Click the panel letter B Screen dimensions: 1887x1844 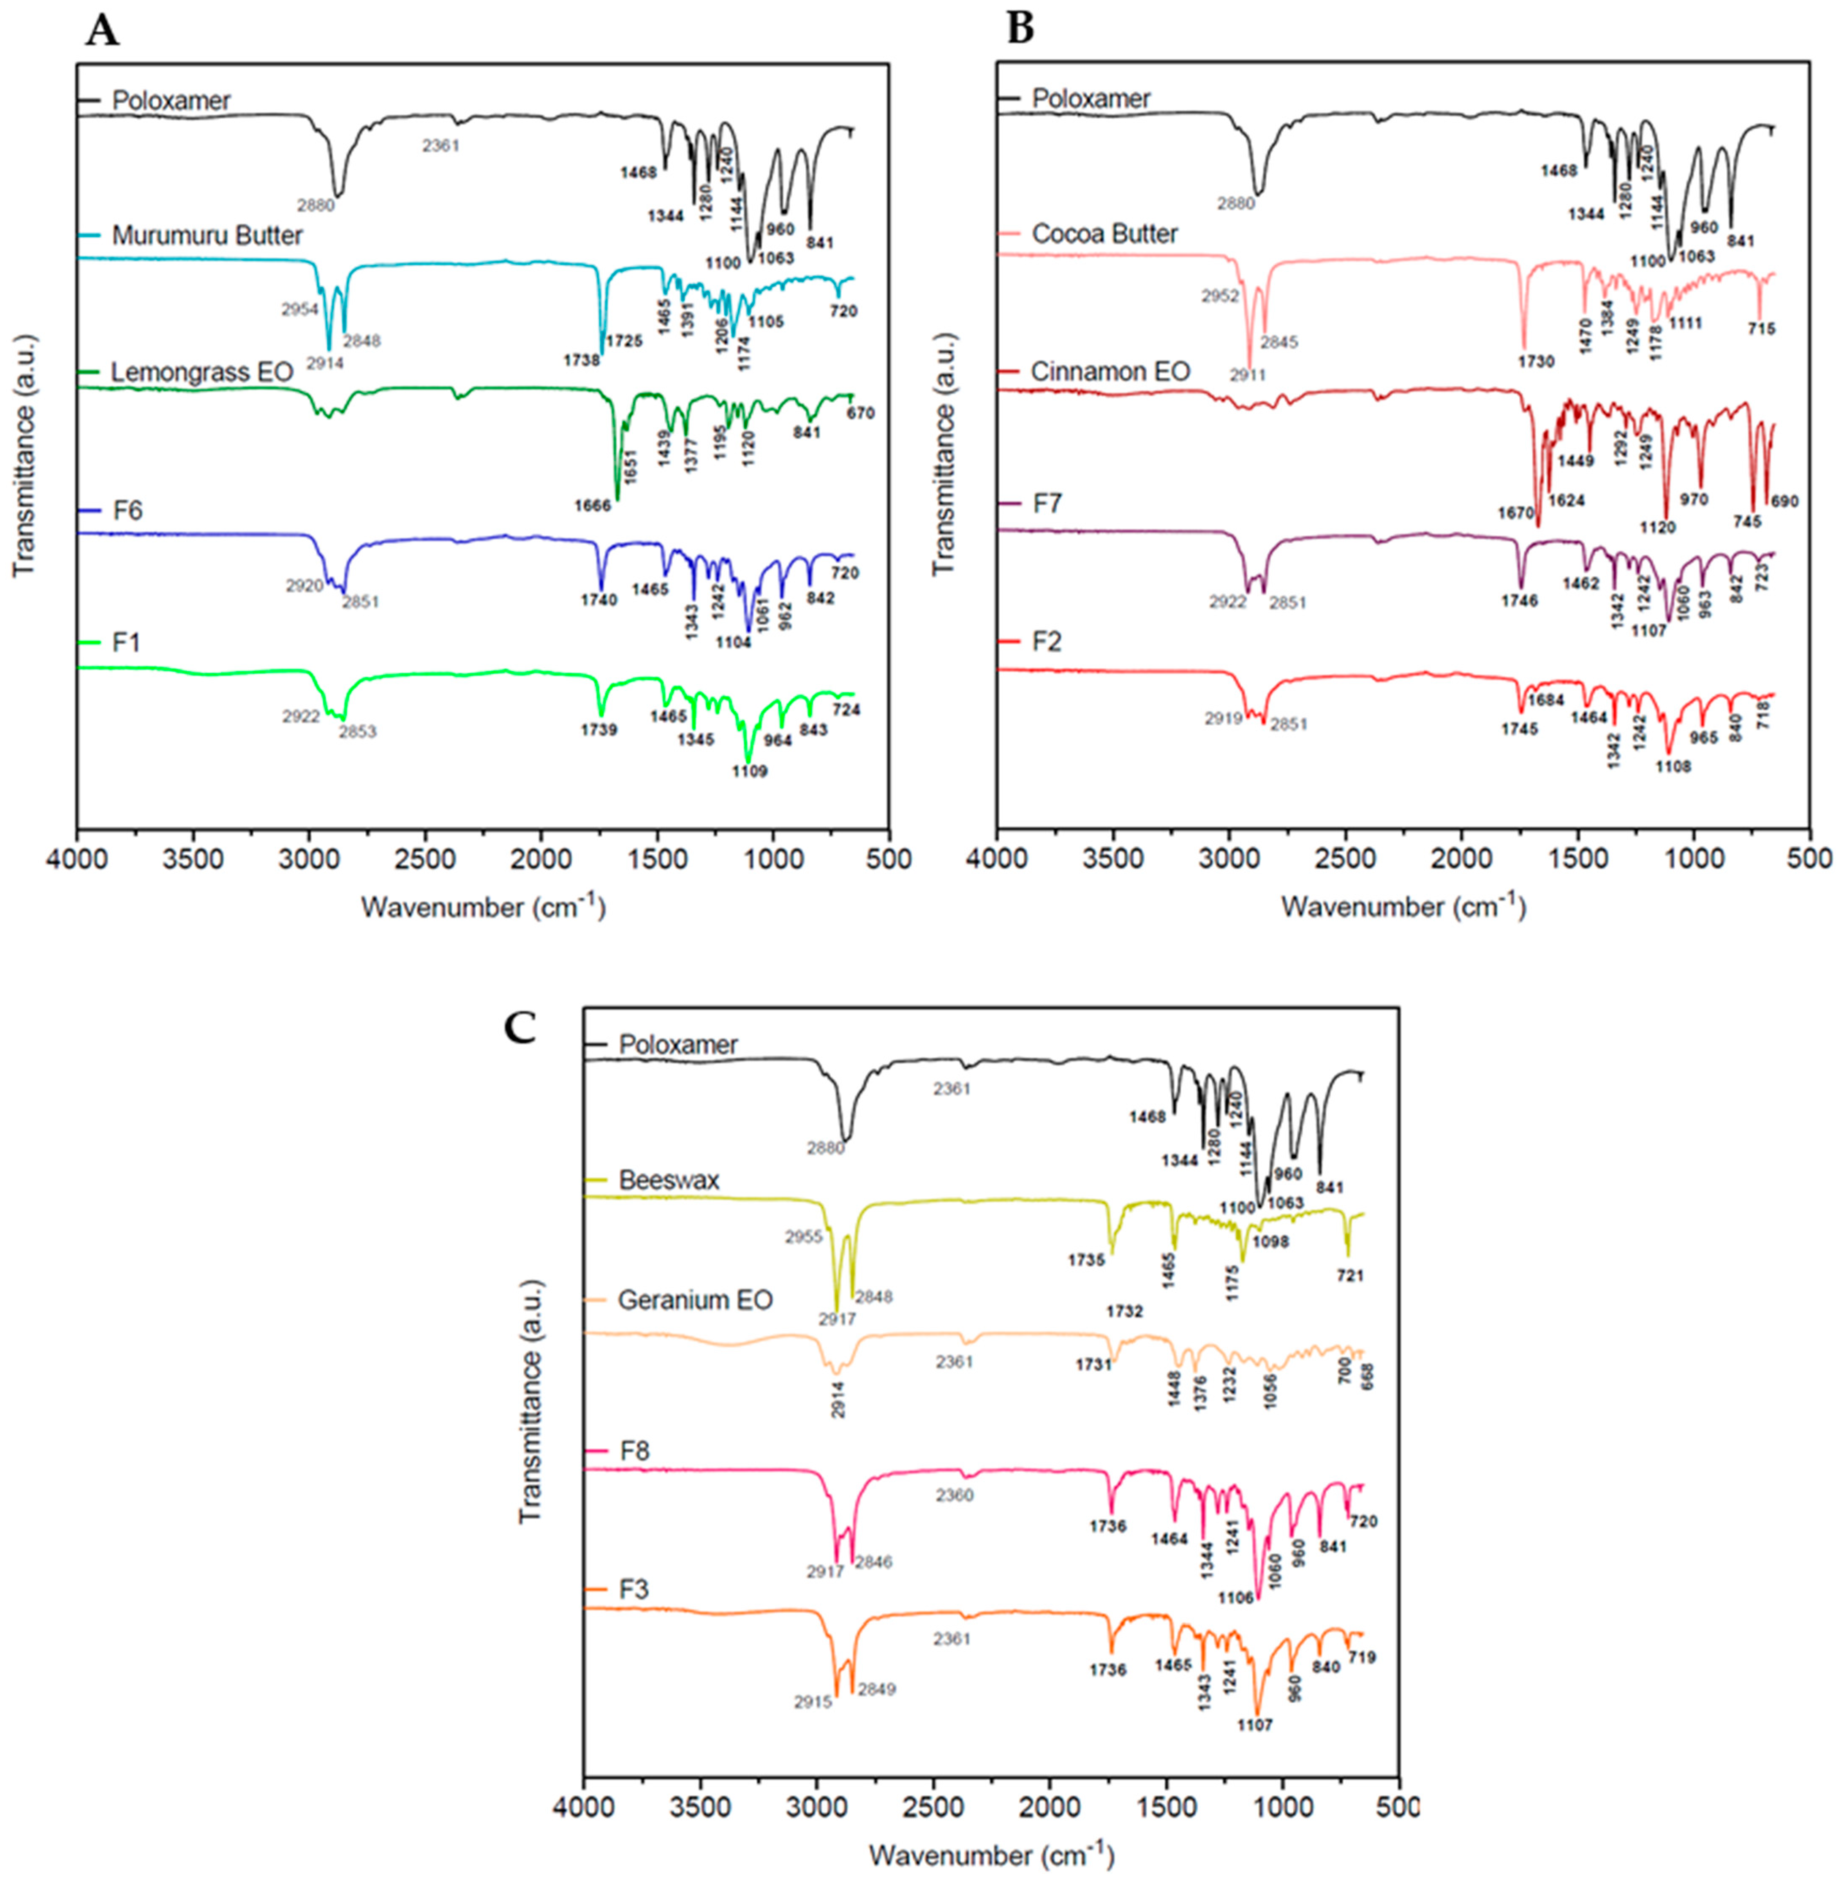click(1021, 29)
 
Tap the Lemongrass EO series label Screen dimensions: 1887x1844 click(201, 372)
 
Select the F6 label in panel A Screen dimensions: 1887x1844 click(127, 510)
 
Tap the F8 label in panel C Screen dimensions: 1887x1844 click(634, 1451)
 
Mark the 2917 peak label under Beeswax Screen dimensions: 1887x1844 click(837, 1319)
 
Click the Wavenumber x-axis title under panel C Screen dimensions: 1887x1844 click(991, 1855)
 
